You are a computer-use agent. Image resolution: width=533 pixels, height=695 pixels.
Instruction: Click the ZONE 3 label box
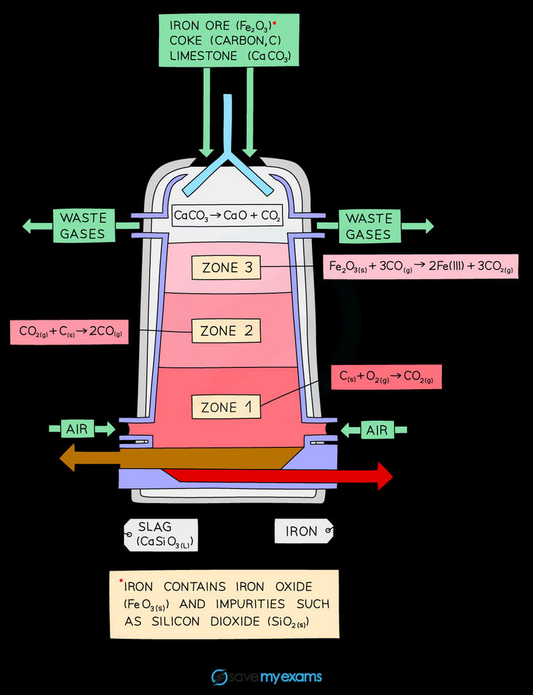(x=226, y=268)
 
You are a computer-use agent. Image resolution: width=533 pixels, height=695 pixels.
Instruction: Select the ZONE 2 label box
(x=226, y=331)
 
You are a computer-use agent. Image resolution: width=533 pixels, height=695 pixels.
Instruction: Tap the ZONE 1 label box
(x=226, y=407)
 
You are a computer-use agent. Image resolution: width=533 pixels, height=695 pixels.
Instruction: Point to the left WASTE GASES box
(x=84, y=226)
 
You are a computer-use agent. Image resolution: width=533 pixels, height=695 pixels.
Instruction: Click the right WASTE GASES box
(x=370, y=226)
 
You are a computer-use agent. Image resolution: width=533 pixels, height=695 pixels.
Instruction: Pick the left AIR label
(x=77, y=429)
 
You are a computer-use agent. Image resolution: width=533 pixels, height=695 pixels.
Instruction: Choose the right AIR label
(x=377, y=430)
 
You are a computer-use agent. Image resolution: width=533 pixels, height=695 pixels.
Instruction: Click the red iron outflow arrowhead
(x=384, y=476)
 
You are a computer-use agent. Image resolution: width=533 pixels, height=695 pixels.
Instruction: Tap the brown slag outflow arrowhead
(x=67, y=457)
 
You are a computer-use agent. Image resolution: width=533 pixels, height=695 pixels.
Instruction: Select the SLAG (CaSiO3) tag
(x=161, y=535)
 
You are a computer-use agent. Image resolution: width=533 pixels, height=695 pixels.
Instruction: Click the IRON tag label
(x=304, y=531)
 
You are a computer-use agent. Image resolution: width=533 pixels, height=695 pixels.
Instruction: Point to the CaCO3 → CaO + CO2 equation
(x=227, y=216)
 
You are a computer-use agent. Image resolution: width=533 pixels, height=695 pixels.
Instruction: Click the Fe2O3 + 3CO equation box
(x=420, y=266)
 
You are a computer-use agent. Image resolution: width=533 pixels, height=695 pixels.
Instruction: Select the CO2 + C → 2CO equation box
(x=69, y=332)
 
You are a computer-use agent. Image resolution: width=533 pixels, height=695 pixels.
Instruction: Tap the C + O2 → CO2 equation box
(x=386, y=377)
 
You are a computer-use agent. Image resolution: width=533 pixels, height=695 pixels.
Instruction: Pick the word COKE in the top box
(x=186, y=40)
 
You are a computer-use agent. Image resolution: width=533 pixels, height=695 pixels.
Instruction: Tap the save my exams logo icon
(x=220, y=677)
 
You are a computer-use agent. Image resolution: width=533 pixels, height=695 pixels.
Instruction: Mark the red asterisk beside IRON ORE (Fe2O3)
(x=274, y=22)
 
